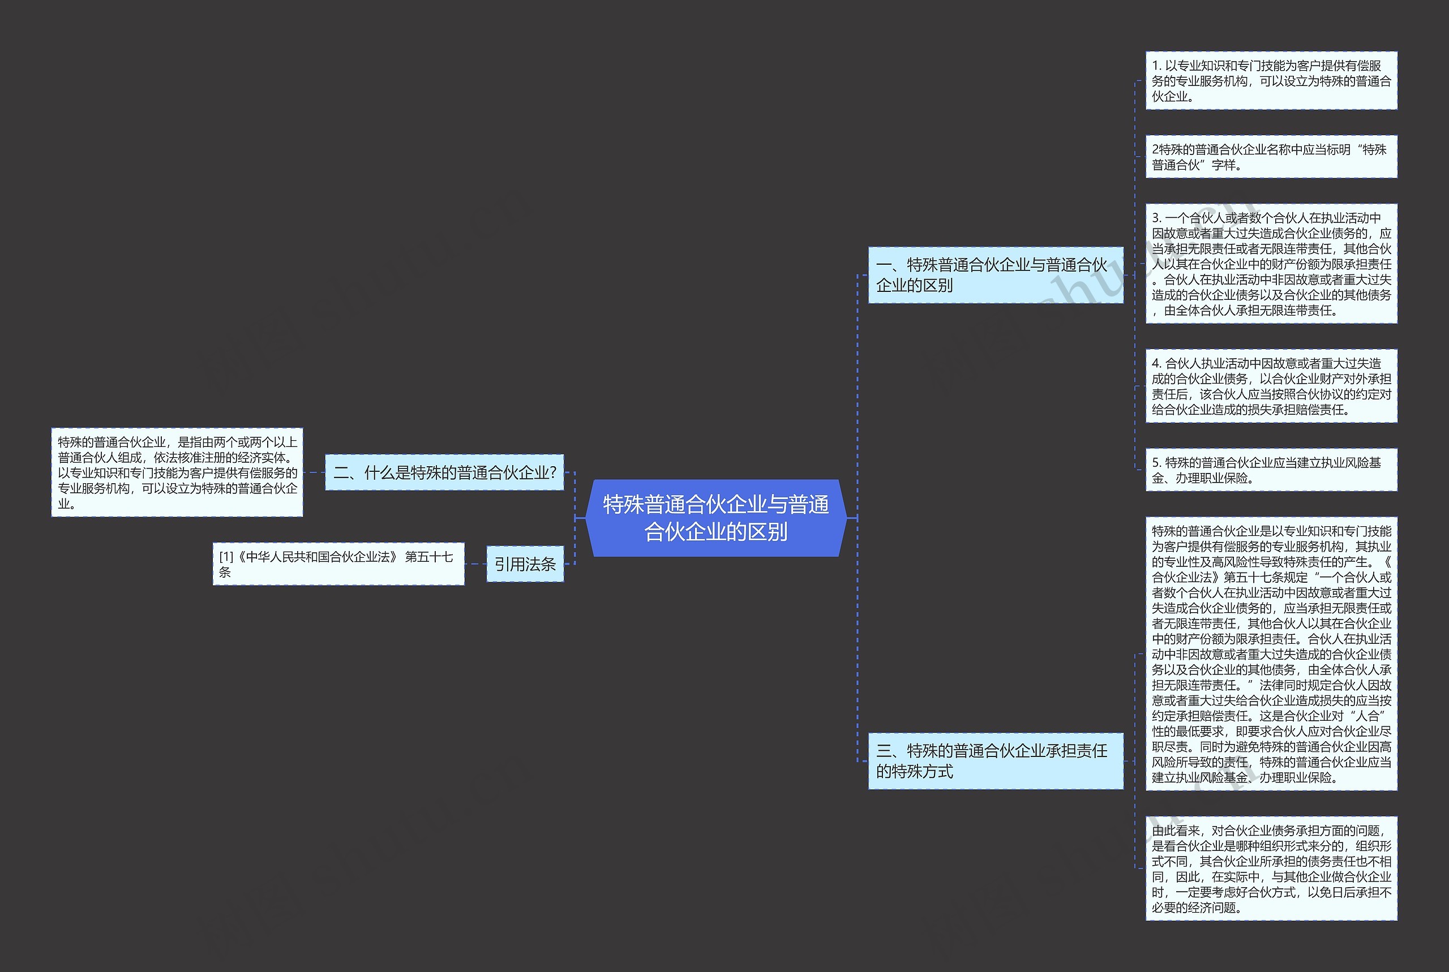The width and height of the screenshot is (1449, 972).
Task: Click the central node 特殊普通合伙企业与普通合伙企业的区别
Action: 716,518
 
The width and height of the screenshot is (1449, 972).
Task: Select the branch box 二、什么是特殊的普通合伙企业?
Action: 444,472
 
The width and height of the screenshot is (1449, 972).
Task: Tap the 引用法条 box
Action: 525,564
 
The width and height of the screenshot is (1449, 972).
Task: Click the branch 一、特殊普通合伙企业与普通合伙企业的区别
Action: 996,274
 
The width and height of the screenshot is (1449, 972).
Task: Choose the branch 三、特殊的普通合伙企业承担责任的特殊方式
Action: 996,760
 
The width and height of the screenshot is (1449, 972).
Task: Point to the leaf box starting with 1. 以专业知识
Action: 1271,80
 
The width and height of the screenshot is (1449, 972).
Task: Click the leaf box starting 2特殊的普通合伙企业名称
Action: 1271,157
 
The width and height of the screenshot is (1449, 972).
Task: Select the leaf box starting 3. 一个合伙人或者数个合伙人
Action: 1271,264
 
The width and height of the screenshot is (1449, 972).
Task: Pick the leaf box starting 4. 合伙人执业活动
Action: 1271,386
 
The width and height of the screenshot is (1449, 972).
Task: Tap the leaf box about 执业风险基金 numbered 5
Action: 1271,470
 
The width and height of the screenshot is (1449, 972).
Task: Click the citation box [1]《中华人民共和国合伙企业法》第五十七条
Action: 338,564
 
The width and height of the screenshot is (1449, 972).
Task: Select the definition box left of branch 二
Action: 177,472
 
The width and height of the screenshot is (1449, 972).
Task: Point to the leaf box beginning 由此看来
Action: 1271,868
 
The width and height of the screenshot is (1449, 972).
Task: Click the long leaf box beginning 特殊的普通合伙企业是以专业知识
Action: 1271,654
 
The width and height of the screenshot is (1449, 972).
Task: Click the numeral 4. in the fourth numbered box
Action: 1157,363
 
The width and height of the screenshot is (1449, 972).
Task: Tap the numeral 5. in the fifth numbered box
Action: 1157,462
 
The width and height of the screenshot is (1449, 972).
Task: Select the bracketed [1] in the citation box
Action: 226,557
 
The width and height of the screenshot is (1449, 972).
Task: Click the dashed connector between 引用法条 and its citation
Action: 475,564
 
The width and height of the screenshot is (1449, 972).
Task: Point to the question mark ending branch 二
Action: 553,473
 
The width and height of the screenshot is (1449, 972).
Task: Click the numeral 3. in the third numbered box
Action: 1157,218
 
